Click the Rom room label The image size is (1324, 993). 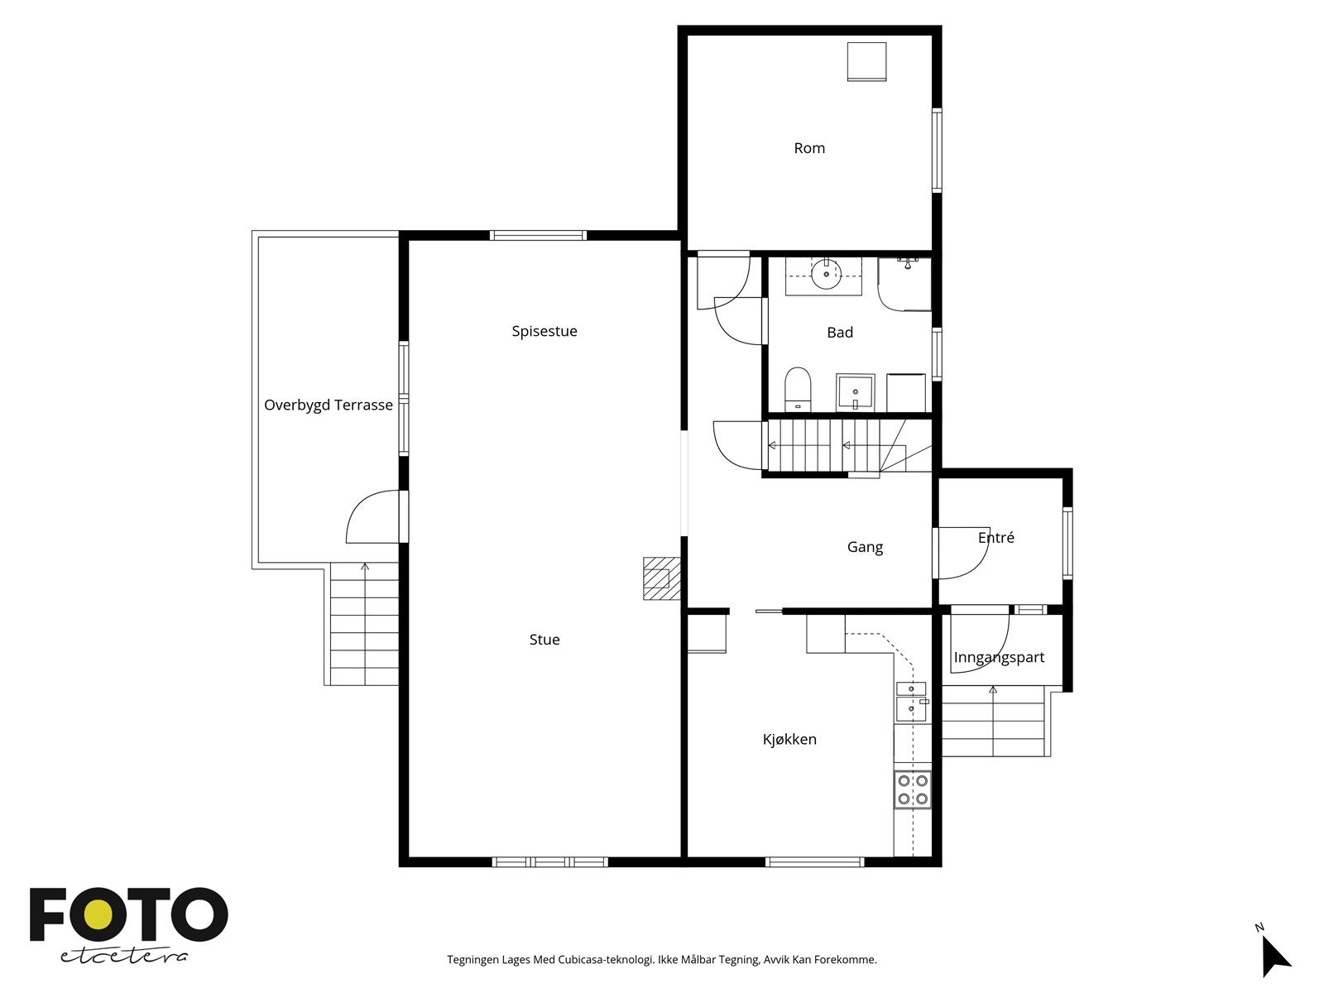[x=808, y=148]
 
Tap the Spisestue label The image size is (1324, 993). [x=544, y=331]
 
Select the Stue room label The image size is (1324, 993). [x=544, y=640]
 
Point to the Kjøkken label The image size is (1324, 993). [x=789, y=739]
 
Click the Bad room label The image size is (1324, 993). [x=840, y=332]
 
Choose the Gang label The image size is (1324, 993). [x=865, y=548]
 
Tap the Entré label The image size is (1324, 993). [x=995, y=537]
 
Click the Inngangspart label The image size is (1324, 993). [x=998, y=657]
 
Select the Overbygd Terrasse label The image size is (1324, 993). [x=329, y=405]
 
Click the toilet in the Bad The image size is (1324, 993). [x=798, y=389]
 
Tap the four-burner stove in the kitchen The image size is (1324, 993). [x=912, y=789]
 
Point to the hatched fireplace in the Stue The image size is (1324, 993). [x=661, y=578]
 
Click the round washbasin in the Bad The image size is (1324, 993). [x=826, y=275]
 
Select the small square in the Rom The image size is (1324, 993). [x=866, y=61]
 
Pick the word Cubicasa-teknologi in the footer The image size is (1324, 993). [x=607, y=960]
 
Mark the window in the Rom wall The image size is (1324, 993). [x=936, y=150]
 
